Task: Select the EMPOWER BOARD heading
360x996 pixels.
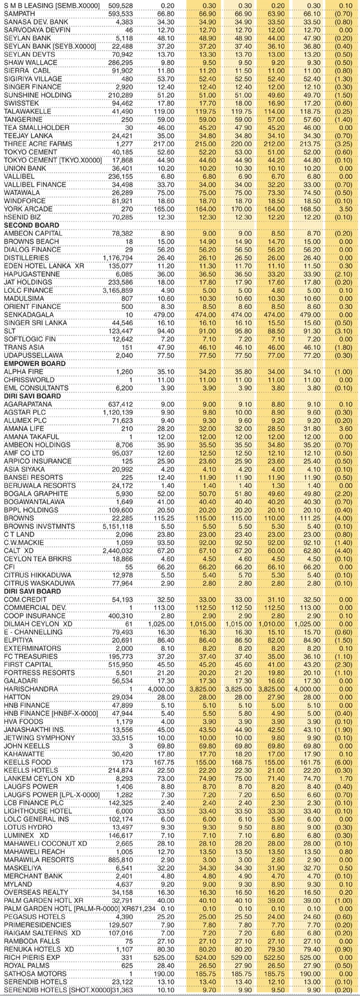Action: pos(34,364)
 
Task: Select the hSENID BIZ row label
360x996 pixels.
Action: pos(23,217)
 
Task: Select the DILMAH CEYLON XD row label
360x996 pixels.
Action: pos(37,624)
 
